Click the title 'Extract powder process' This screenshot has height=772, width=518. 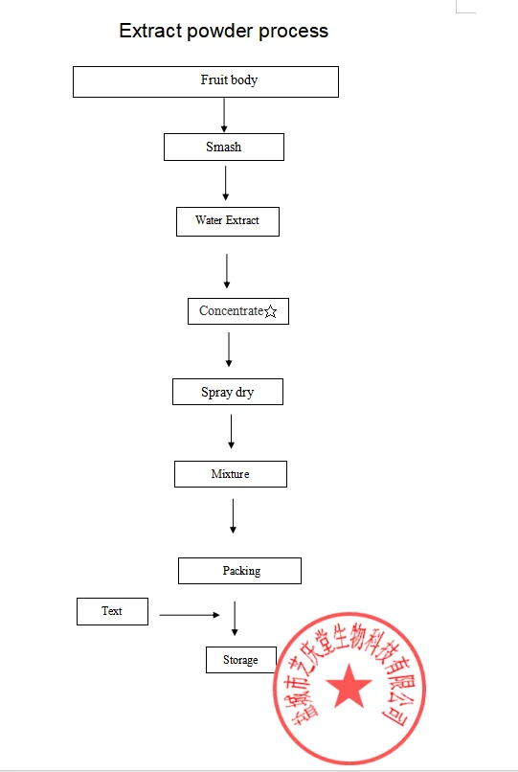tap(223, 31)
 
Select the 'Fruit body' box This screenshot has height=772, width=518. tap(206, 81)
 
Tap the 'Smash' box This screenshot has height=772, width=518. tap(224, 147)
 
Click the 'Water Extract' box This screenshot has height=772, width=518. tap(228, 221)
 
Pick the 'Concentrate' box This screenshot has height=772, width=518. tap(238, 311)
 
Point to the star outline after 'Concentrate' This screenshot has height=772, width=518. tap(270, 311)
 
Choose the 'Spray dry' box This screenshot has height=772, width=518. tap(228, 392)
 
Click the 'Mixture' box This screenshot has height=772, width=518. tap(231, 474)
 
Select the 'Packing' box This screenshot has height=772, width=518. tap(239, 571)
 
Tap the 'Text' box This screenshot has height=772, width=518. tap(112, 611)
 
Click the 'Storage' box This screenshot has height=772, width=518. tap(240, 660)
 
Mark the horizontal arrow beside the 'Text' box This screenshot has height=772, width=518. tap(190, 615)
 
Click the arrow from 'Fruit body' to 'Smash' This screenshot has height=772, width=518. tap(224, 115)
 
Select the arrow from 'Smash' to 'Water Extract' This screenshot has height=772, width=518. tap(226, 183)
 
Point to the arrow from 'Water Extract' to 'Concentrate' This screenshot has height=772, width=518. tap(227, 271)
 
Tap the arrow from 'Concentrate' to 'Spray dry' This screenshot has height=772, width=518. tap(229, 350)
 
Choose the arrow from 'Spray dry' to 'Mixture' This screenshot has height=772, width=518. tap(231, 432)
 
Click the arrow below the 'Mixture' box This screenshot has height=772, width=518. tap(233, 516)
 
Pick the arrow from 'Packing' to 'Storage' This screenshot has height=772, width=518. tap(235, 619)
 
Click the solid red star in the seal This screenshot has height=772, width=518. tap(349, 685)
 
